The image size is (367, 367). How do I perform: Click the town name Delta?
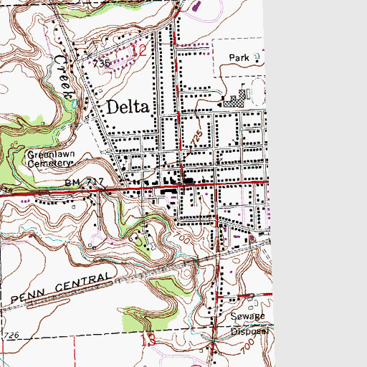point(128,108)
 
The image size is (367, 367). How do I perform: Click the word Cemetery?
point(46,163)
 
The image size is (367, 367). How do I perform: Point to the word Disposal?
point(248,331)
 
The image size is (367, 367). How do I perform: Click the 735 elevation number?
point(101,64)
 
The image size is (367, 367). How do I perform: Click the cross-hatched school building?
point(233,103)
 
